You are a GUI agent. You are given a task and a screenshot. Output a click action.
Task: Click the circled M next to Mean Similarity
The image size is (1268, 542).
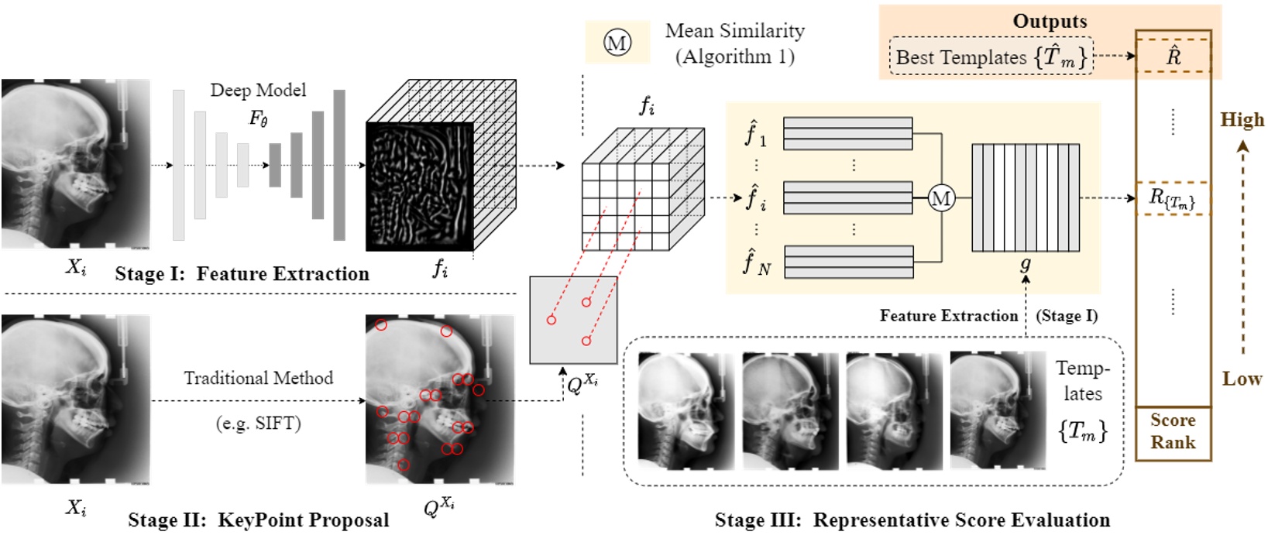tap(617, 43)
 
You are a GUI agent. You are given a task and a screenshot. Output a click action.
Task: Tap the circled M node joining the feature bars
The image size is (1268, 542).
tap(941, 199)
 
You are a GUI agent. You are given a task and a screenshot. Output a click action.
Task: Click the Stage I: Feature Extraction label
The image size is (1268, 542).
tap(242, 274)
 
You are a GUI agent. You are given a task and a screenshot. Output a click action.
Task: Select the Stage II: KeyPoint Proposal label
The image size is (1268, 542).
tap(259, 520)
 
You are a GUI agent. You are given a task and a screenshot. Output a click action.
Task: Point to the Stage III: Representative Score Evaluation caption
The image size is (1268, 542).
tap(912, 520)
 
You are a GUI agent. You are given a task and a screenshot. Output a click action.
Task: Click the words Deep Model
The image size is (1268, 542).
tap(258, 90)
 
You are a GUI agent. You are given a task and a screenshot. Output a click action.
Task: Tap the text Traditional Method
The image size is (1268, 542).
tap(258, 378)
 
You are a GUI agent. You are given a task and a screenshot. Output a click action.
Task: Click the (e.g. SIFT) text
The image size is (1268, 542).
tap(258, 423)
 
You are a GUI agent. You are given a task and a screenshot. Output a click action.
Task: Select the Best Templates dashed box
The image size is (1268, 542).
tap(991, 57)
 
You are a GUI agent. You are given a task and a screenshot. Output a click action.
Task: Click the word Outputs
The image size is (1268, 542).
tap(1050, 21)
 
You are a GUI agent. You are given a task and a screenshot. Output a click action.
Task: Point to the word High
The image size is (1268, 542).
tap(1242, 119)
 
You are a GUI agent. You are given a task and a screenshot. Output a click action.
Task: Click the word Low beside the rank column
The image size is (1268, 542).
tap(1242, 379)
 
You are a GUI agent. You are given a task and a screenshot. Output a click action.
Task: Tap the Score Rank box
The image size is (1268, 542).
tap(1172, 432)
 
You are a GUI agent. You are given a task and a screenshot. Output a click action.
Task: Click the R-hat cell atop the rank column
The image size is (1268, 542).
tap(1173, 56)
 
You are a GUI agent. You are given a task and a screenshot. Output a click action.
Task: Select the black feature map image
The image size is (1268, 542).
tap(419, 187)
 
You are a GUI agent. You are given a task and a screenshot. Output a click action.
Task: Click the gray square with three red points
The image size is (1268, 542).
tap(573, 320)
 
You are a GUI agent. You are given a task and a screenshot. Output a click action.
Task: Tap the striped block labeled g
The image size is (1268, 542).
tap(1025, 197)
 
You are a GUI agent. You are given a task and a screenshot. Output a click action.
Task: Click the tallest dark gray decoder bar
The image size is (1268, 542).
tap(338, 165)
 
